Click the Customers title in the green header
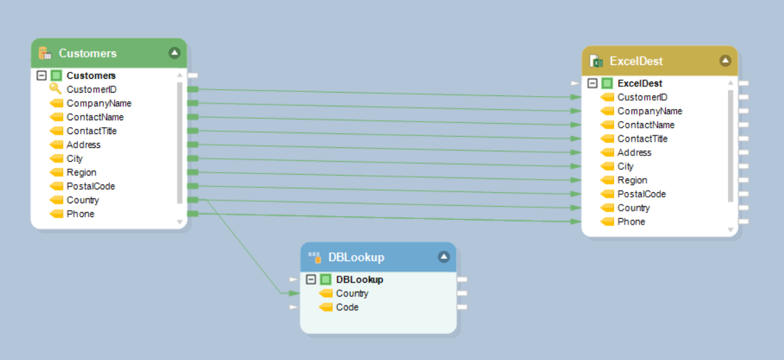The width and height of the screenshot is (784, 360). click(87, 53)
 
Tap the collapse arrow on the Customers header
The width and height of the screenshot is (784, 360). click(174, 53)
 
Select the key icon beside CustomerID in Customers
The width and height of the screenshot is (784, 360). click(55, 89)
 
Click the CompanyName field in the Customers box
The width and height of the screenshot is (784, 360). click(98, 103)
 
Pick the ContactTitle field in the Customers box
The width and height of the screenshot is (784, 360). click(91, 131)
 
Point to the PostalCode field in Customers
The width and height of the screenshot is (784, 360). click(90, 186)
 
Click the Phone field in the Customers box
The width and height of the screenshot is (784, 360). click(80, 214)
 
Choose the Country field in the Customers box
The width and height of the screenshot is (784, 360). click(82, 200)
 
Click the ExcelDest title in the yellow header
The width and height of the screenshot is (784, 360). click(635, 61)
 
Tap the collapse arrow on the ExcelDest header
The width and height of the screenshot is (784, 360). click(725, 61)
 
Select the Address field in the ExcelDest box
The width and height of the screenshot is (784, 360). click(634, 152)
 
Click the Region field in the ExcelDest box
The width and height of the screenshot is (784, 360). click(632, 180)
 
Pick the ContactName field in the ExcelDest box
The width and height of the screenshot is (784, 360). click(645, 124)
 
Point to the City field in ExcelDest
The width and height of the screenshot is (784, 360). click(625, 166)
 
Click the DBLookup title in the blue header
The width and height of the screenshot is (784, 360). click(356, 257)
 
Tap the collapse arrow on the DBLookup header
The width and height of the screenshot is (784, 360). click(443, 257)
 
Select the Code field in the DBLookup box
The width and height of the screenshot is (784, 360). click(347, 307)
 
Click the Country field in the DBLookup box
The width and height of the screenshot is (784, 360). click(352, 293)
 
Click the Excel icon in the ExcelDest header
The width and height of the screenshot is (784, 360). click(596, 61)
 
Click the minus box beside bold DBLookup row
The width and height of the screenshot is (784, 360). click(311, 279)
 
